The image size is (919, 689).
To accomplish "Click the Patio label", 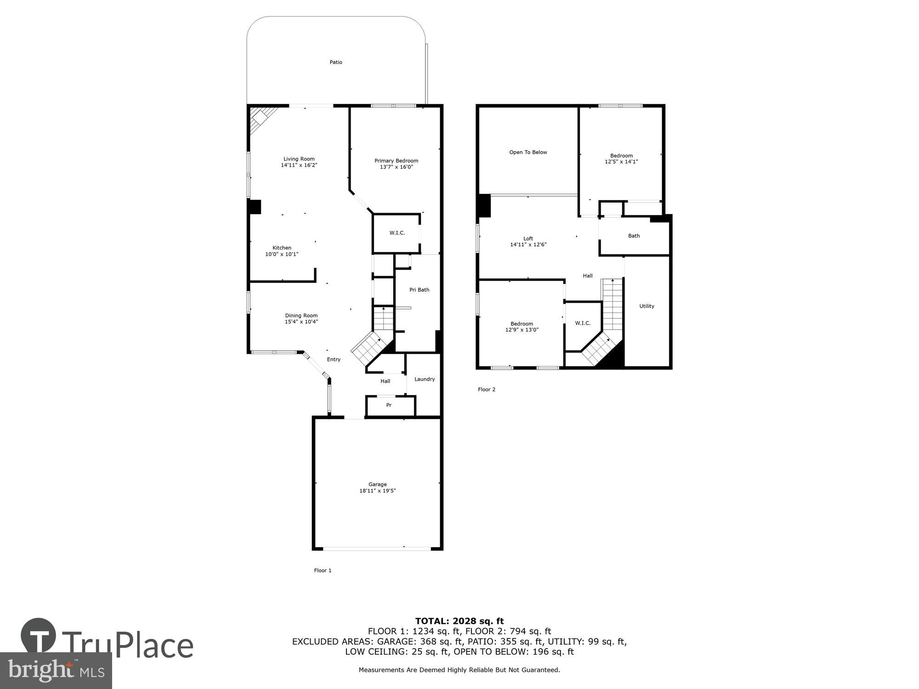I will (336, 62).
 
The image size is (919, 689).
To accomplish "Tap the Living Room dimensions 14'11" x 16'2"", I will (299, 165).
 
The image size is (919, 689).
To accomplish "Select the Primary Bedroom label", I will (396, 161).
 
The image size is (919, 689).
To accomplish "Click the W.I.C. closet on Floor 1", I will (397, 233).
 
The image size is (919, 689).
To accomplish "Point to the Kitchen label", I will (282, 248).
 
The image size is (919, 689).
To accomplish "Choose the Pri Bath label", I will (419, 290).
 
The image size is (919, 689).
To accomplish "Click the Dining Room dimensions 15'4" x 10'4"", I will (301, 322).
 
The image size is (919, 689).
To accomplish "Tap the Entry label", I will (334, 360).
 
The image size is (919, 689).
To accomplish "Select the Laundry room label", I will (425, 379).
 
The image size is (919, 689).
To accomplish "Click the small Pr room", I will (389, 405).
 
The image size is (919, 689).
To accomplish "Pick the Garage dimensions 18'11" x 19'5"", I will (377, 491).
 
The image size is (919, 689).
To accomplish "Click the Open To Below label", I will (528, 152).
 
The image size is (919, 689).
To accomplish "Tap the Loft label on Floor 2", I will (528, 238).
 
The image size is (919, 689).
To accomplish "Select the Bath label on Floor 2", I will (634, 236).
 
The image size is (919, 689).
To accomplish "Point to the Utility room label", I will (647, 306).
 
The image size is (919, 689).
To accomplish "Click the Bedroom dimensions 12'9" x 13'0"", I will (522, 330).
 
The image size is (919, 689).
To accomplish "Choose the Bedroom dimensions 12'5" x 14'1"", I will (621, 162).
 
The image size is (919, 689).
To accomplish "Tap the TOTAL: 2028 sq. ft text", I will (459, 621).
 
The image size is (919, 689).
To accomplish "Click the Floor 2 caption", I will (487, 390).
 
